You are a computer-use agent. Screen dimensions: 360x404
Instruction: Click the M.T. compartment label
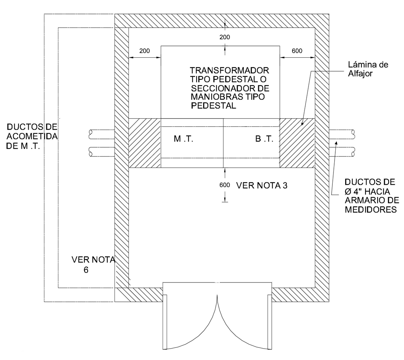[183, 140]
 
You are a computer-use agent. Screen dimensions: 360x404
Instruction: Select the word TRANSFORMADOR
[229, 70]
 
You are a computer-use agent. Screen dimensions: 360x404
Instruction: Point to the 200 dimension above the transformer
[225, 37]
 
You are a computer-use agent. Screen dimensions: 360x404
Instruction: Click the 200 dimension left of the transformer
[145, 51]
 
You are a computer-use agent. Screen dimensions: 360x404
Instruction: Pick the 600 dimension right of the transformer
[297, 51]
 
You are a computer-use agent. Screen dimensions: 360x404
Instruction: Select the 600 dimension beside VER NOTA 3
[225, 185]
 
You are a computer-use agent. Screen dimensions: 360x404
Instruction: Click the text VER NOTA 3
[261, 185]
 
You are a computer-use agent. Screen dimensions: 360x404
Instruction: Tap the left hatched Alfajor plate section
[145, 143]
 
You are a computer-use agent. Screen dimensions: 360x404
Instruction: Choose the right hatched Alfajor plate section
[297, 143]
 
